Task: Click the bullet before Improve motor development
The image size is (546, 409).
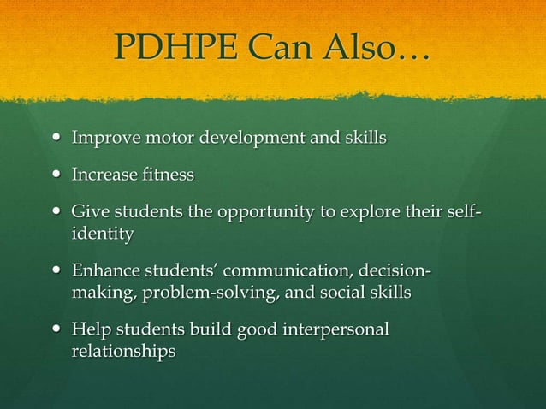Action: point(56,137)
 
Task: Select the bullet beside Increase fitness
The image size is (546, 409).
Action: point(56,175)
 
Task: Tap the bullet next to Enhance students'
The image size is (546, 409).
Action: point(56,273)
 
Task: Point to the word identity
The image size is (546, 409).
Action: point(102,233)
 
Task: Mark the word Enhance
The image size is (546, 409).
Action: point(104,273)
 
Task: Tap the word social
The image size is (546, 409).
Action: point(353,293)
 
